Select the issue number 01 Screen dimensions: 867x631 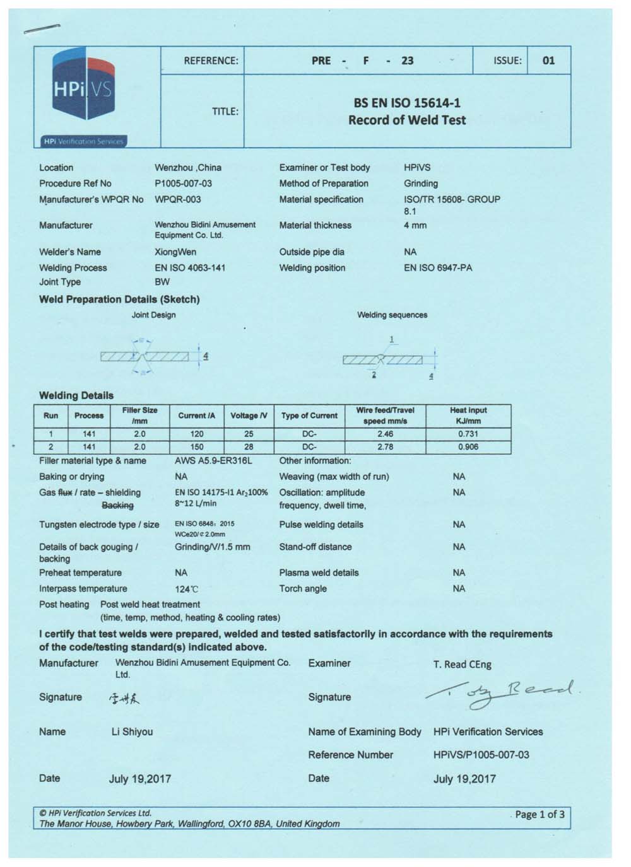click(x=548, y=61)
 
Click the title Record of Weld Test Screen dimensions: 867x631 click(x=407, y=120)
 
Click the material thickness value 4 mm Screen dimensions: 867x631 click(x=415, y=225)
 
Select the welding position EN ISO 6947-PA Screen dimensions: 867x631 click(x=438, y=267)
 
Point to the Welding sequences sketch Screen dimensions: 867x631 click(x=388, y=359)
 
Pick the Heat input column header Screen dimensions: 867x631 click(x=468, y=415)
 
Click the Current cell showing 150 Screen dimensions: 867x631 click(x=197, y=447)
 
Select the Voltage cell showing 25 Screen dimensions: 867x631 click(x=249, y=434)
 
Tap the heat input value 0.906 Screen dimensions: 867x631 click(x=468, y=447)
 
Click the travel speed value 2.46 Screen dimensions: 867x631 click(x=385, y=434)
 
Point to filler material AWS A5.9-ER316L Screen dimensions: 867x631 click(x=213, y=461)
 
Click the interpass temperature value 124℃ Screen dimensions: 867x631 click(x=186, y=589)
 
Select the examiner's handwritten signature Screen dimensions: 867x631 click(x=502, y=694)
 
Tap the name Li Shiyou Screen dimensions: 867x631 click(x=132, y=731)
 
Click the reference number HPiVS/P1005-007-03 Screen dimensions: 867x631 click(x=481, y=755)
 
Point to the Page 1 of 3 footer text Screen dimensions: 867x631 click(x=540, y=814)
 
